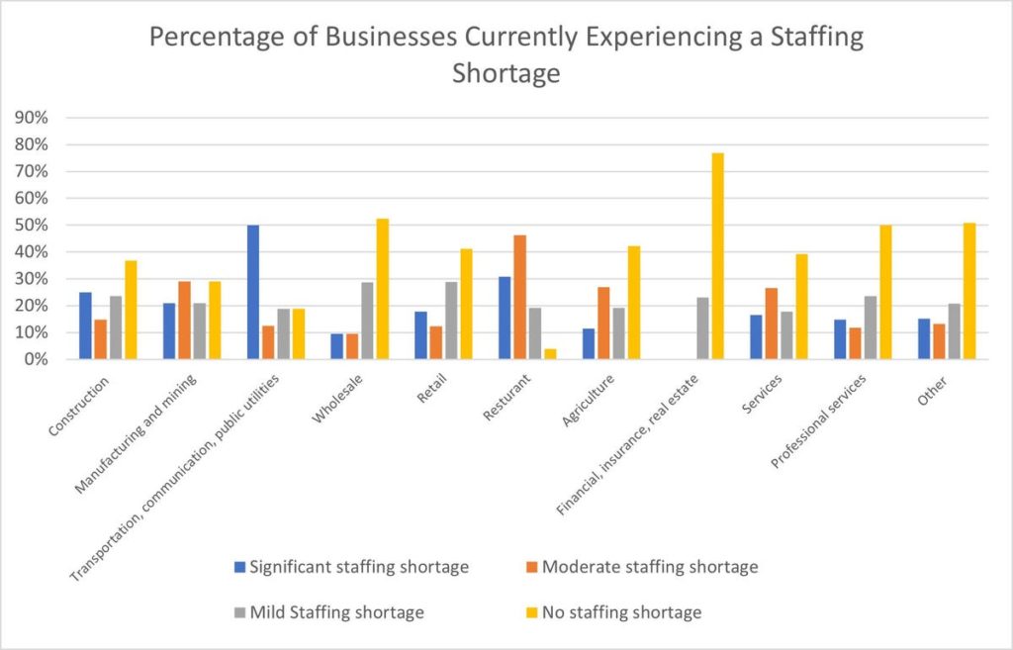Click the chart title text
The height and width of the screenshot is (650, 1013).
tap(506, 55)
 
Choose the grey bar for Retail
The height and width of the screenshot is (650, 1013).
tap(452, 321)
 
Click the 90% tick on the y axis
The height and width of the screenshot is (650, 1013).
tap(36, 118)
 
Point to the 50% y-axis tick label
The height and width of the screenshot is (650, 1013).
tap(36, 226)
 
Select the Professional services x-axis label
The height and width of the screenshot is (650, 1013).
tap(813, 423)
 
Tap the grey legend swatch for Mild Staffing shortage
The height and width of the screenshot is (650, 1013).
tap(237, 612)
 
